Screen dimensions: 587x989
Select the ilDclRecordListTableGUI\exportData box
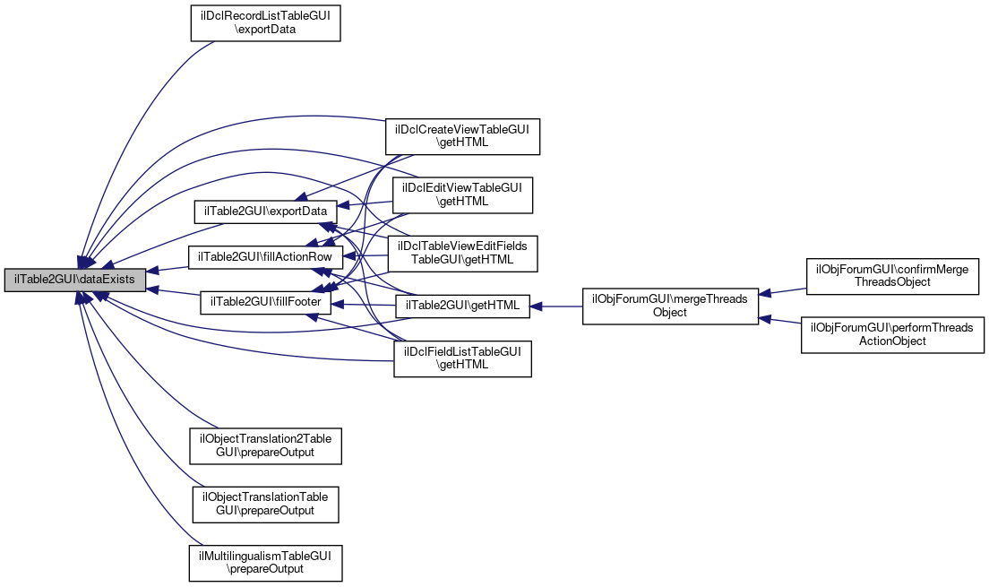(x=266, y=22)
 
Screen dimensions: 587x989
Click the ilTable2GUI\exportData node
(x=264, y=211)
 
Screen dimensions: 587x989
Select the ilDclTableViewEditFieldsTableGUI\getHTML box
(x=461, y=254)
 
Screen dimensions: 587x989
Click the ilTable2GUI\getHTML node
(x=462, y=306)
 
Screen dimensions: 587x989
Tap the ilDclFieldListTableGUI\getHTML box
(x=462, y=358)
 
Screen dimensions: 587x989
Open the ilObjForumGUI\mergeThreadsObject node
(x=670, y=306)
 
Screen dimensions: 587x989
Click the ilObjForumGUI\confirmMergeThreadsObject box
(x=891, y=275)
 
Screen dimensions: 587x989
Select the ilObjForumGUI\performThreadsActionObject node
(x=892, y=334)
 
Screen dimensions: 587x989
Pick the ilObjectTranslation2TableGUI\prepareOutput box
(x=265, y=445)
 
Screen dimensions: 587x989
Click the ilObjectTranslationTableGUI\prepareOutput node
(x=264, y=504)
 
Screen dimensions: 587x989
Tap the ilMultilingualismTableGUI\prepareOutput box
(x=265, y=562)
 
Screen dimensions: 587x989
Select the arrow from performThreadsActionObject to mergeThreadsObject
(x=781, y=320)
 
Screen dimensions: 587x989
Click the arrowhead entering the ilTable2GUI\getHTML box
(x=536, y=306)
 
